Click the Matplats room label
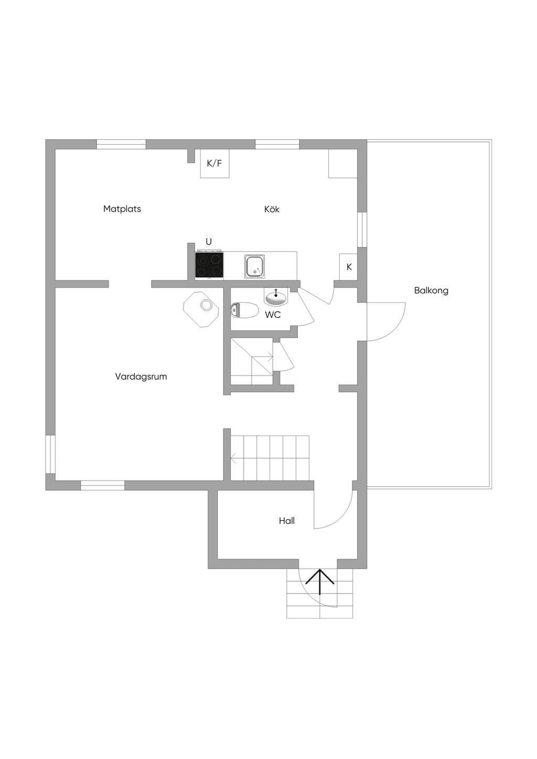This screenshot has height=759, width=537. [x=122, y=208]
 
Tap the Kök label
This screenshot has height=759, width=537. [x=272, y=209]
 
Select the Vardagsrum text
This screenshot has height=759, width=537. [x=141, y=377]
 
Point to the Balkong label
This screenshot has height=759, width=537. [x=431, y=290]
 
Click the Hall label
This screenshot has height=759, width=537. [x=287, y=521]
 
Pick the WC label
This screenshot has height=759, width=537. [x=273, y=315]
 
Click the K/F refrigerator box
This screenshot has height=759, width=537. [x=214, y=163]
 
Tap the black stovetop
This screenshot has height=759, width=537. [x=209, y=266]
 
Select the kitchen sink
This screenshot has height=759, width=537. [x=254, y=267]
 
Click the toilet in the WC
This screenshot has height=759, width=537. [x=244, y=310]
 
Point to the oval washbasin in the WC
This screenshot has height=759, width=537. [x=276, y=297]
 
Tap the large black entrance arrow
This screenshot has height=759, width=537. [x=320, y=581]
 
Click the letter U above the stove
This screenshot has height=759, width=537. [x=209, y=241]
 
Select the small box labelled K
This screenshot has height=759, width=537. [x=348, y=267]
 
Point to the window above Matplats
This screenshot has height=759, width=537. [x=121, y=145]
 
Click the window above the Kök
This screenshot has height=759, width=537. [x=277, y=145]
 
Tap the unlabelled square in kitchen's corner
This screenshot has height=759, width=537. [x=343, y=163]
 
